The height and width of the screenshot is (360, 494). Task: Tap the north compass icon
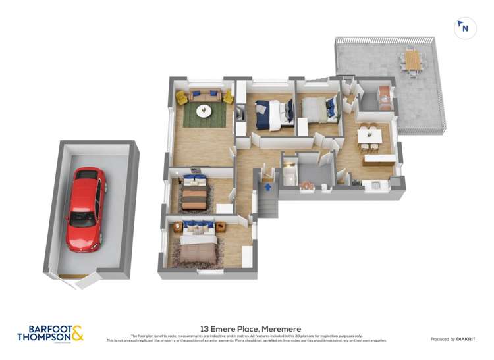[465, 28]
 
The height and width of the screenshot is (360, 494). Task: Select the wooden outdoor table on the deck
[413, 61]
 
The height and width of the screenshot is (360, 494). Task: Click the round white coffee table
[204, 111]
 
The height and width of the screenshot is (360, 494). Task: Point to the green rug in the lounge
[204, 116]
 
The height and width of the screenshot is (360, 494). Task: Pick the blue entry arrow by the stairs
[268, 187]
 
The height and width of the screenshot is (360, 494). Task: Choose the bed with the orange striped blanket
[195, 194]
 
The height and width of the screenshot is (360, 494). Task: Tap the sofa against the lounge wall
[203, 96]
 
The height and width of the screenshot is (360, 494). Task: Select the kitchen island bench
[379, 159]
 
